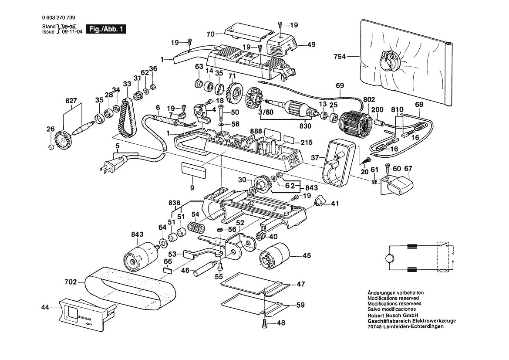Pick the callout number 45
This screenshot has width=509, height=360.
(x=307, y=256)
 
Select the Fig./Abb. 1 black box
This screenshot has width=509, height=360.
(x=106, y=29)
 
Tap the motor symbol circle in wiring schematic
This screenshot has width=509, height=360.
(x=387, y=258)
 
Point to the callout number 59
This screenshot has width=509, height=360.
(x=300, y=306)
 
